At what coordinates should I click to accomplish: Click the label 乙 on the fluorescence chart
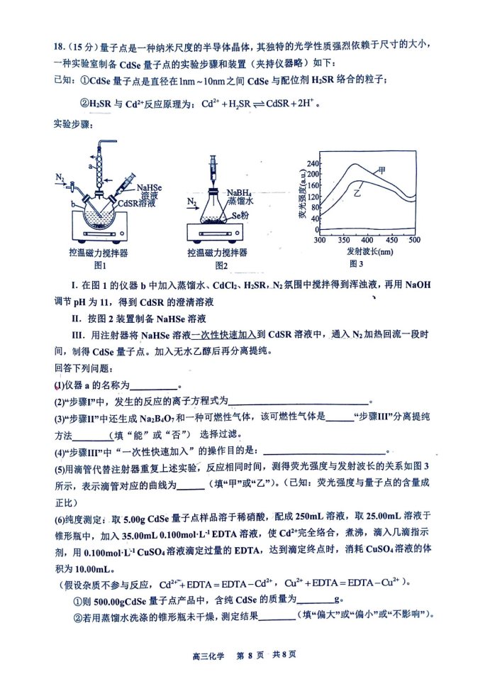coord(358,192)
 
